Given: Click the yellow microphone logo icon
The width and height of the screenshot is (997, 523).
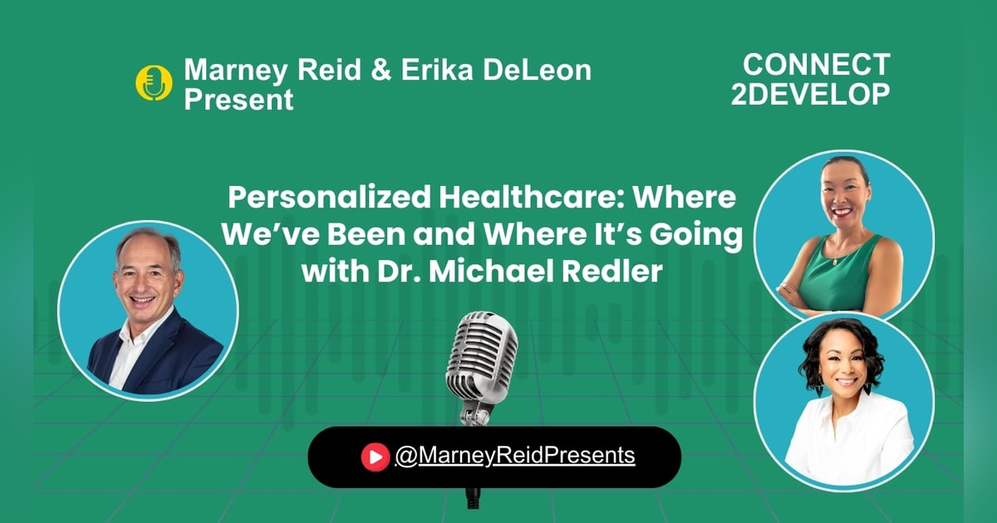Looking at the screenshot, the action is tap(154, 83).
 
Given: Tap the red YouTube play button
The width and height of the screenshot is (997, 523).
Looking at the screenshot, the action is tap(376, 457).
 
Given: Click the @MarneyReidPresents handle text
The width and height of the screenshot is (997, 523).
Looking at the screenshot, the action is tap(515, 456).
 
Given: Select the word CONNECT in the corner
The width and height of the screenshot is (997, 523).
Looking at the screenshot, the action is tap(816, 65).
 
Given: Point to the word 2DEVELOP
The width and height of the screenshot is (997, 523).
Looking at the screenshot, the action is tap(810, 95).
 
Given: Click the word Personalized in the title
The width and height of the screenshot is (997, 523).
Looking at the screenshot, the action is tap(329, 198).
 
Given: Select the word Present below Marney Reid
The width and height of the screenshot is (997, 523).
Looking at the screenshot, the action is tap(238, 100).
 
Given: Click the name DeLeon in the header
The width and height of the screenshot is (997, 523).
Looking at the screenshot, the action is tap(538, 71).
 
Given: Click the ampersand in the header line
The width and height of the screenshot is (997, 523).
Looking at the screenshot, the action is tap(381, 71).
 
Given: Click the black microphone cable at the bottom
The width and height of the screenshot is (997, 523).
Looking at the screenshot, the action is tap(473, 498).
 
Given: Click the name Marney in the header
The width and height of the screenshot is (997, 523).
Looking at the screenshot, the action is tap(236, 71).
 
